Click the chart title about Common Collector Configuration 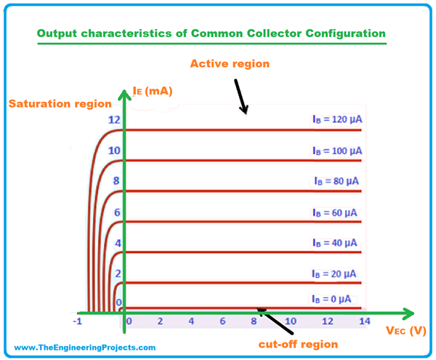tap(211, 34)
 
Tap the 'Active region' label tap(230, 64)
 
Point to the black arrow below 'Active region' tap(240, 98)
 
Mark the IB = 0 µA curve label tap(332, 298)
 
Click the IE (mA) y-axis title tap(151, 91)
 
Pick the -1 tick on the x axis tap(77, 321)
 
